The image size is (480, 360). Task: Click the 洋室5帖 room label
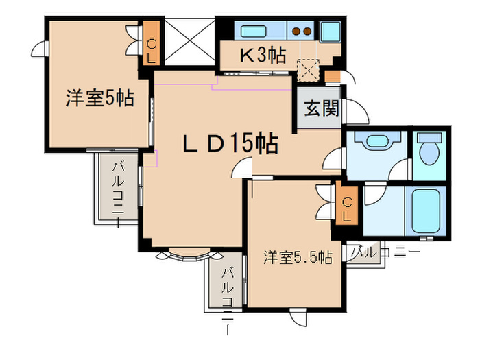(99, 98)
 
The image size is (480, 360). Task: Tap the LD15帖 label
(229, 144)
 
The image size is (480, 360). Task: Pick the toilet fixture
(431, 151)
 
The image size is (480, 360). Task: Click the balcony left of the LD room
(117, 185)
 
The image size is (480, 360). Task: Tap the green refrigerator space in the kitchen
(331, 31)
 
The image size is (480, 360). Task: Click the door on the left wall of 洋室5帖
(38, 50)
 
